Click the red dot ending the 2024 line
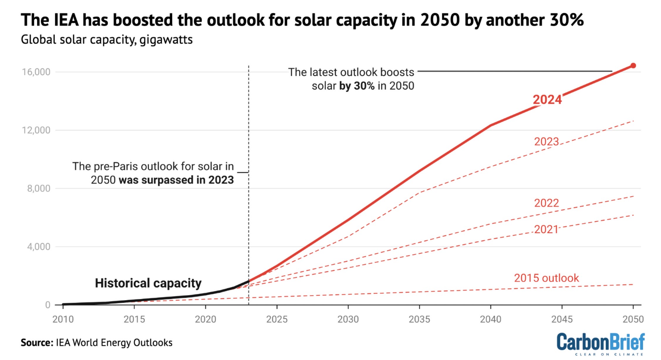pyautogui.click(x=633, y=66)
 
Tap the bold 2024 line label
pyautogui.click(x=547, y=100)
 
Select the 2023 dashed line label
pyautogui.click(x=546, y=142)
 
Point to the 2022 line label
pyautogui.click(x=546, y=203)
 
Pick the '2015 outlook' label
pyautogui.click(x=546, y=278)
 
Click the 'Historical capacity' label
pyautogui.click(x=148, y=283)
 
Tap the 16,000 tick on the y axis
pyautogui.click(x=36, y=72)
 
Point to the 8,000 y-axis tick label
pyautogui.click(x=39, y=189)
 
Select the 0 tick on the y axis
pyautogui.click(x=48, y=305)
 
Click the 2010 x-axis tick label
pyautogui.click(x=63, y=319)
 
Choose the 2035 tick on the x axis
pyautogui.click(x=419, y=319)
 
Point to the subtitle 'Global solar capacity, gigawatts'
pyautogui.click(x=107, y=40)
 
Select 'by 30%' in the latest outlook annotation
pyautogui.click(x=357, y=86)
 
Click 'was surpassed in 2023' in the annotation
pyautogui.click(x=176, y=180)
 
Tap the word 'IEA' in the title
pyautogui.click(x=66, y=20)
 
